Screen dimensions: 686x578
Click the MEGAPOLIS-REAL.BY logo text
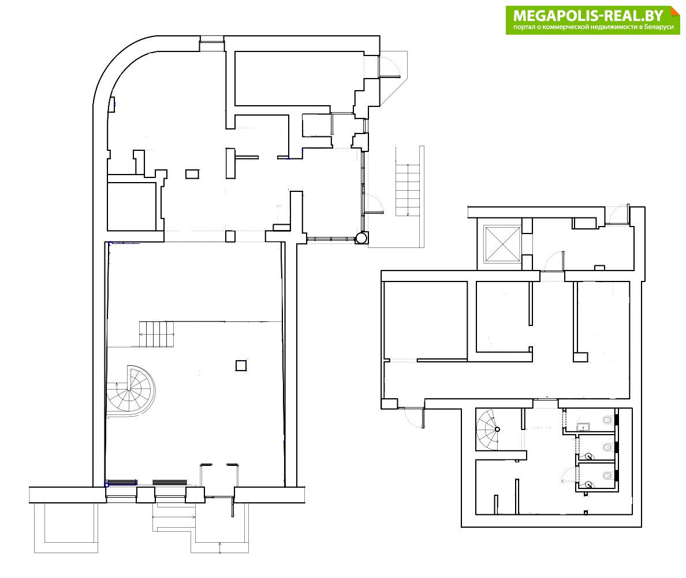[x=588, y=16]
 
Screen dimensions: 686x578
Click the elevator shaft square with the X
[x=502, y=243]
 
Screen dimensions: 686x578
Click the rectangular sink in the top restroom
[x=583, y=427]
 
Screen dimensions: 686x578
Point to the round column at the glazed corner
[x=362, y=238]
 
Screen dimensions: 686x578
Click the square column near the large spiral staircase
[x=241, y=365]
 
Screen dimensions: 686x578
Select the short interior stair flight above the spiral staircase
[x=156, y=334]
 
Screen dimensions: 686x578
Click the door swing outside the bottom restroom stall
[x=570, y=474]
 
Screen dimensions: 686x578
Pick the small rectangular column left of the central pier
[x=192, y=174]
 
